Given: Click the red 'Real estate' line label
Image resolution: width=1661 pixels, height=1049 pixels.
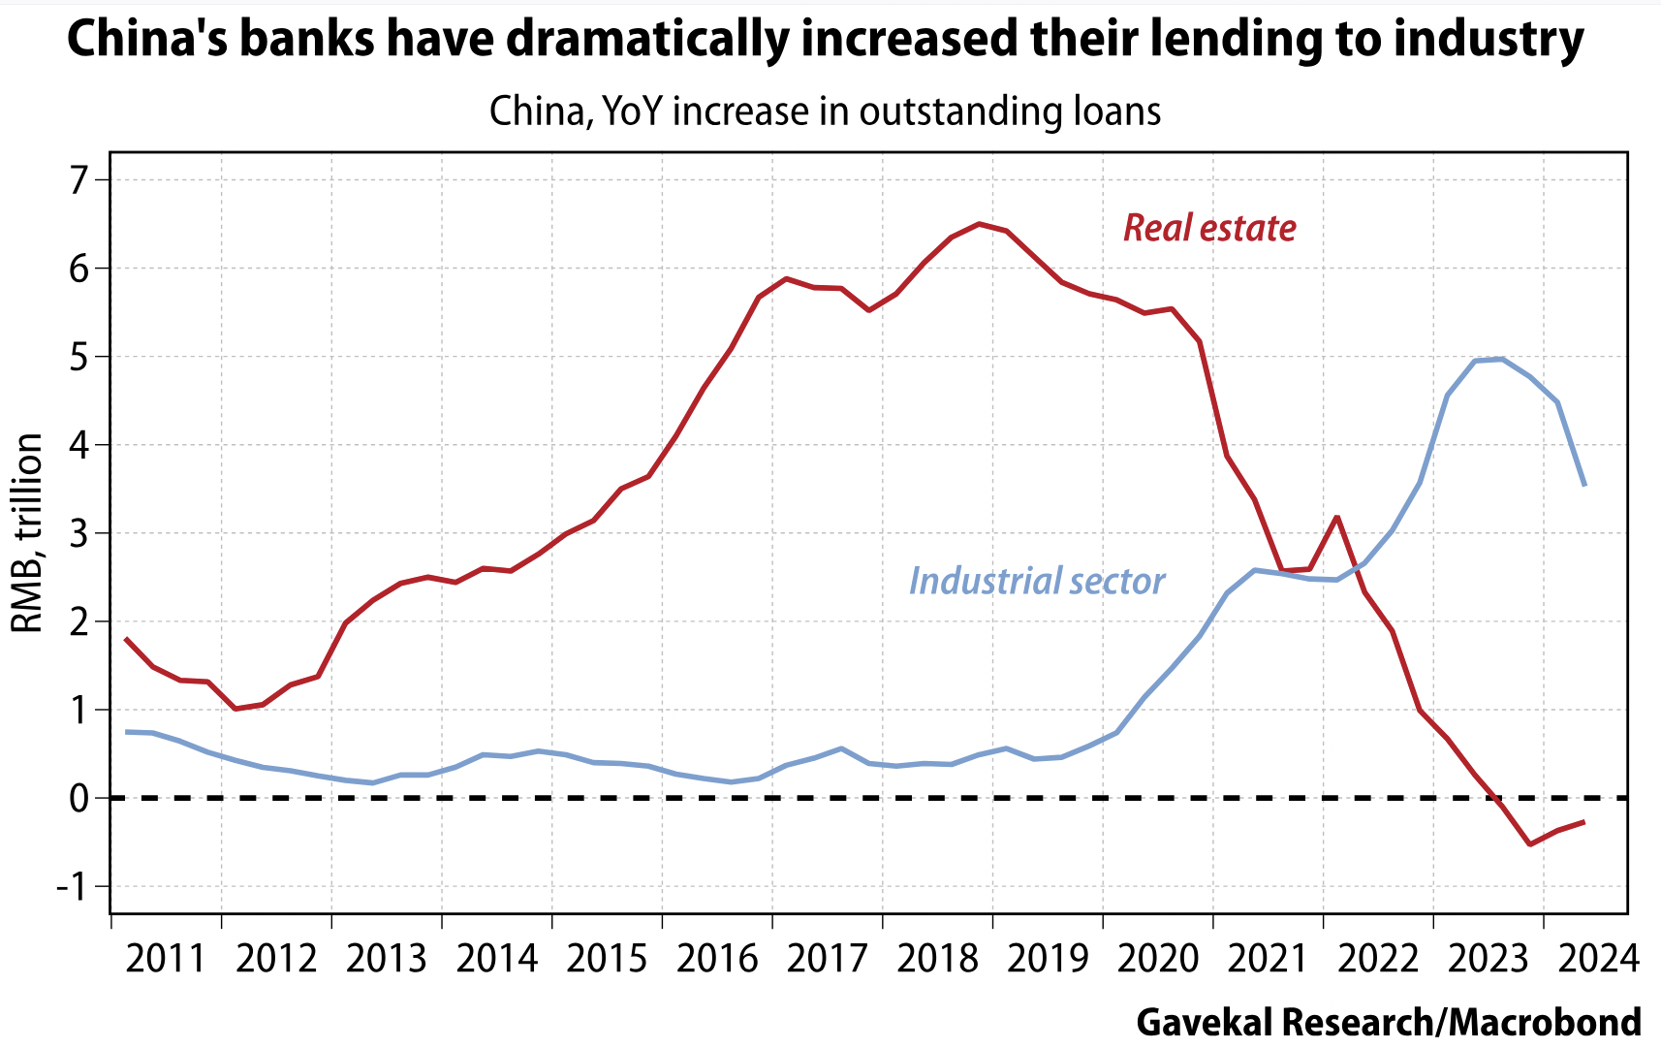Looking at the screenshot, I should tap(1209, 228).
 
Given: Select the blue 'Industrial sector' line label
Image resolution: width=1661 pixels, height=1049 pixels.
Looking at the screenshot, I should tap(1036, 581).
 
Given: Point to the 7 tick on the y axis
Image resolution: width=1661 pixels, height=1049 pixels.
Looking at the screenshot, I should tap(78, 179).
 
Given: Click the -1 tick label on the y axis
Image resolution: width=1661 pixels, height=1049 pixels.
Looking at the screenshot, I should tap(72, 886).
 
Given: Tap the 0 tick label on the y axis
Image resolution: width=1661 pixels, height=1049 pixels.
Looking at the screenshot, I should tap(78, 798).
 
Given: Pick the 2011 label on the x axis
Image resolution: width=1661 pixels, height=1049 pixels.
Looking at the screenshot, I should tap(166, 959).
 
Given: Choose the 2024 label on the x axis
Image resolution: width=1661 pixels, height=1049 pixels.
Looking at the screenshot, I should tap(1598, 959).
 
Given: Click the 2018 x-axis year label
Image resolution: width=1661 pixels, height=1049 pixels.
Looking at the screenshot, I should tap(937, 959).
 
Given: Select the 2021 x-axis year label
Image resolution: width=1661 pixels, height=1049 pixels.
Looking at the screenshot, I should tap(1268, 959).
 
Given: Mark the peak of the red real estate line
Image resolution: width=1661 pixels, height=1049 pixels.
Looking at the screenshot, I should tap(979, 224).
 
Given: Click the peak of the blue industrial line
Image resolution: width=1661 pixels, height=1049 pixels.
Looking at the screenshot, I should tap(1501, 359).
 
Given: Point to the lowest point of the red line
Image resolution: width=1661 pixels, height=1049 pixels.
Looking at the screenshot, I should tap(1529, 844).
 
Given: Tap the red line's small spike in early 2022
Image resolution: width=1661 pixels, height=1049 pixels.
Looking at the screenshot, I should tap(1337, 517).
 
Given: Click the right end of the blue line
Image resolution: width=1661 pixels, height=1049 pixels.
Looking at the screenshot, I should tap(1584, 485).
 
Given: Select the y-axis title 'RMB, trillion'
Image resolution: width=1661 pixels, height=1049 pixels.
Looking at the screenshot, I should tap(27, 533).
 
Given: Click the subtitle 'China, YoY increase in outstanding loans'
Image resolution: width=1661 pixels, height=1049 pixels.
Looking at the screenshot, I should tap(825, 111).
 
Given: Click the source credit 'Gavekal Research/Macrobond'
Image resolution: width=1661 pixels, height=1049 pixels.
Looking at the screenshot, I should tap(1389, 1022).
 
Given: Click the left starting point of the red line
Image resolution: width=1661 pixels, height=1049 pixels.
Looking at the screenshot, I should tap(127, 639).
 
